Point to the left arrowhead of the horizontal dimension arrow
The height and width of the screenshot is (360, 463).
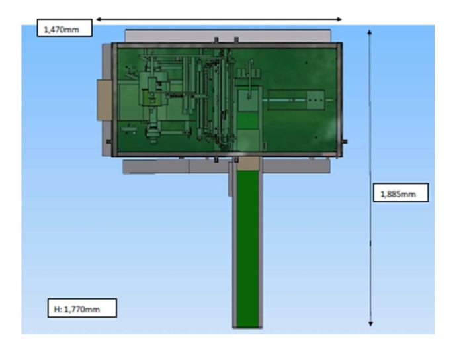[99, 19]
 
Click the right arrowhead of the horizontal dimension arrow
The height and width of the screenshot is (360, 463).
[339, 19]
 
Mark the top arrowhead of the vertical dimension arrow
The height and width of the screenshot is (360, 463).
[369, 32]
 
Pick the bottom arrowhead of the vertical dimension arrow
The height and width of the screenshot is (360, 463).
[370, 324]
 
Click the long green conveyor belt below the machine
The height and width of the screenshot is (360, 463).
[248, 249]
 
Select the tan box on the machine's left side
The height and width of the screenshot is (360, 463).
[105, 101]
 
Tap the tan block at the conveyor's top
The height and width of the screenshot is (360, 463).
[248, 164]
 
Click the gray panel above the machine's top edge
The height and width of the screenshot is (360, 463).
[228, 36]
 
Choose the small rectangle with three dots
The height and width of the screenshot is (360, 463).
[316, 100]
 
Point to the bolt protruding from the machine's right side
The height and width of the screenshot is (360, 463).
[344, 142]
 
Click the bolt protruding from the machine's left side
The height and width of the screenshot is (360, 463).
[108, 142]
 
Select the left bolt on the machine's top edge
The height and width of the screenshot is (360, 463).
[216, 40]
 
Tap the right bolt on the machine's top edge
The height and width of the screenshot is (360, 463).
[236, 40]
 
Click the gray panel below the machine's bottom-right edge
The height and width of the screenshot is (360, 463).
[296, 165]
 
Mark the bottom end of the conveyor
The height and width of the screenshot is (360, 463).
[247, 327]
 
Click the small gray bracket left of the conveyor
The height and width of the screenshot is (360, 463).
[230, 179]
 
